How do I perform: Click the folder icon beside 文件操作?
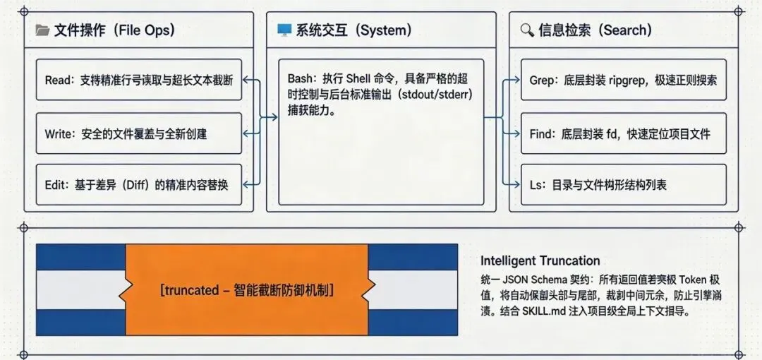[x=42, y=30]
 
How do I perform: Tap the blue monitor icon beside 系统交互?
[x=284, y=30]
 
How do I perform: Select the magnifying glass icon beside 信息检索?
[x=527, y=30]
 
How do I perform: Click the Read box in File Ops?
[x=138, y=80]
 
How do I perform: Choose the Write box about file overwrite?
[x=138, y=133]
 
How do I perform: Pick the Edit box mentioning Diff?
[x=138, y=185]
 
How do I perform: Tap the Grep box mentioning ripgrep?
[x=623, y=80]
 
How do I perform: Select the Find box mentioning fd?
[x=623, y=133]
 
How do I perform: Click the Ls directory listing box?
[x=623, y=185]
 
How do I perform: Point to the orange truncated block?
[x=247, y=290]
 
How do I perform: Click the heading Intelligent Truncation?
[x=540, y=261]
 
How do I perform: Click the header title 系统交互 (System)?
[x=353, y=30]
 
